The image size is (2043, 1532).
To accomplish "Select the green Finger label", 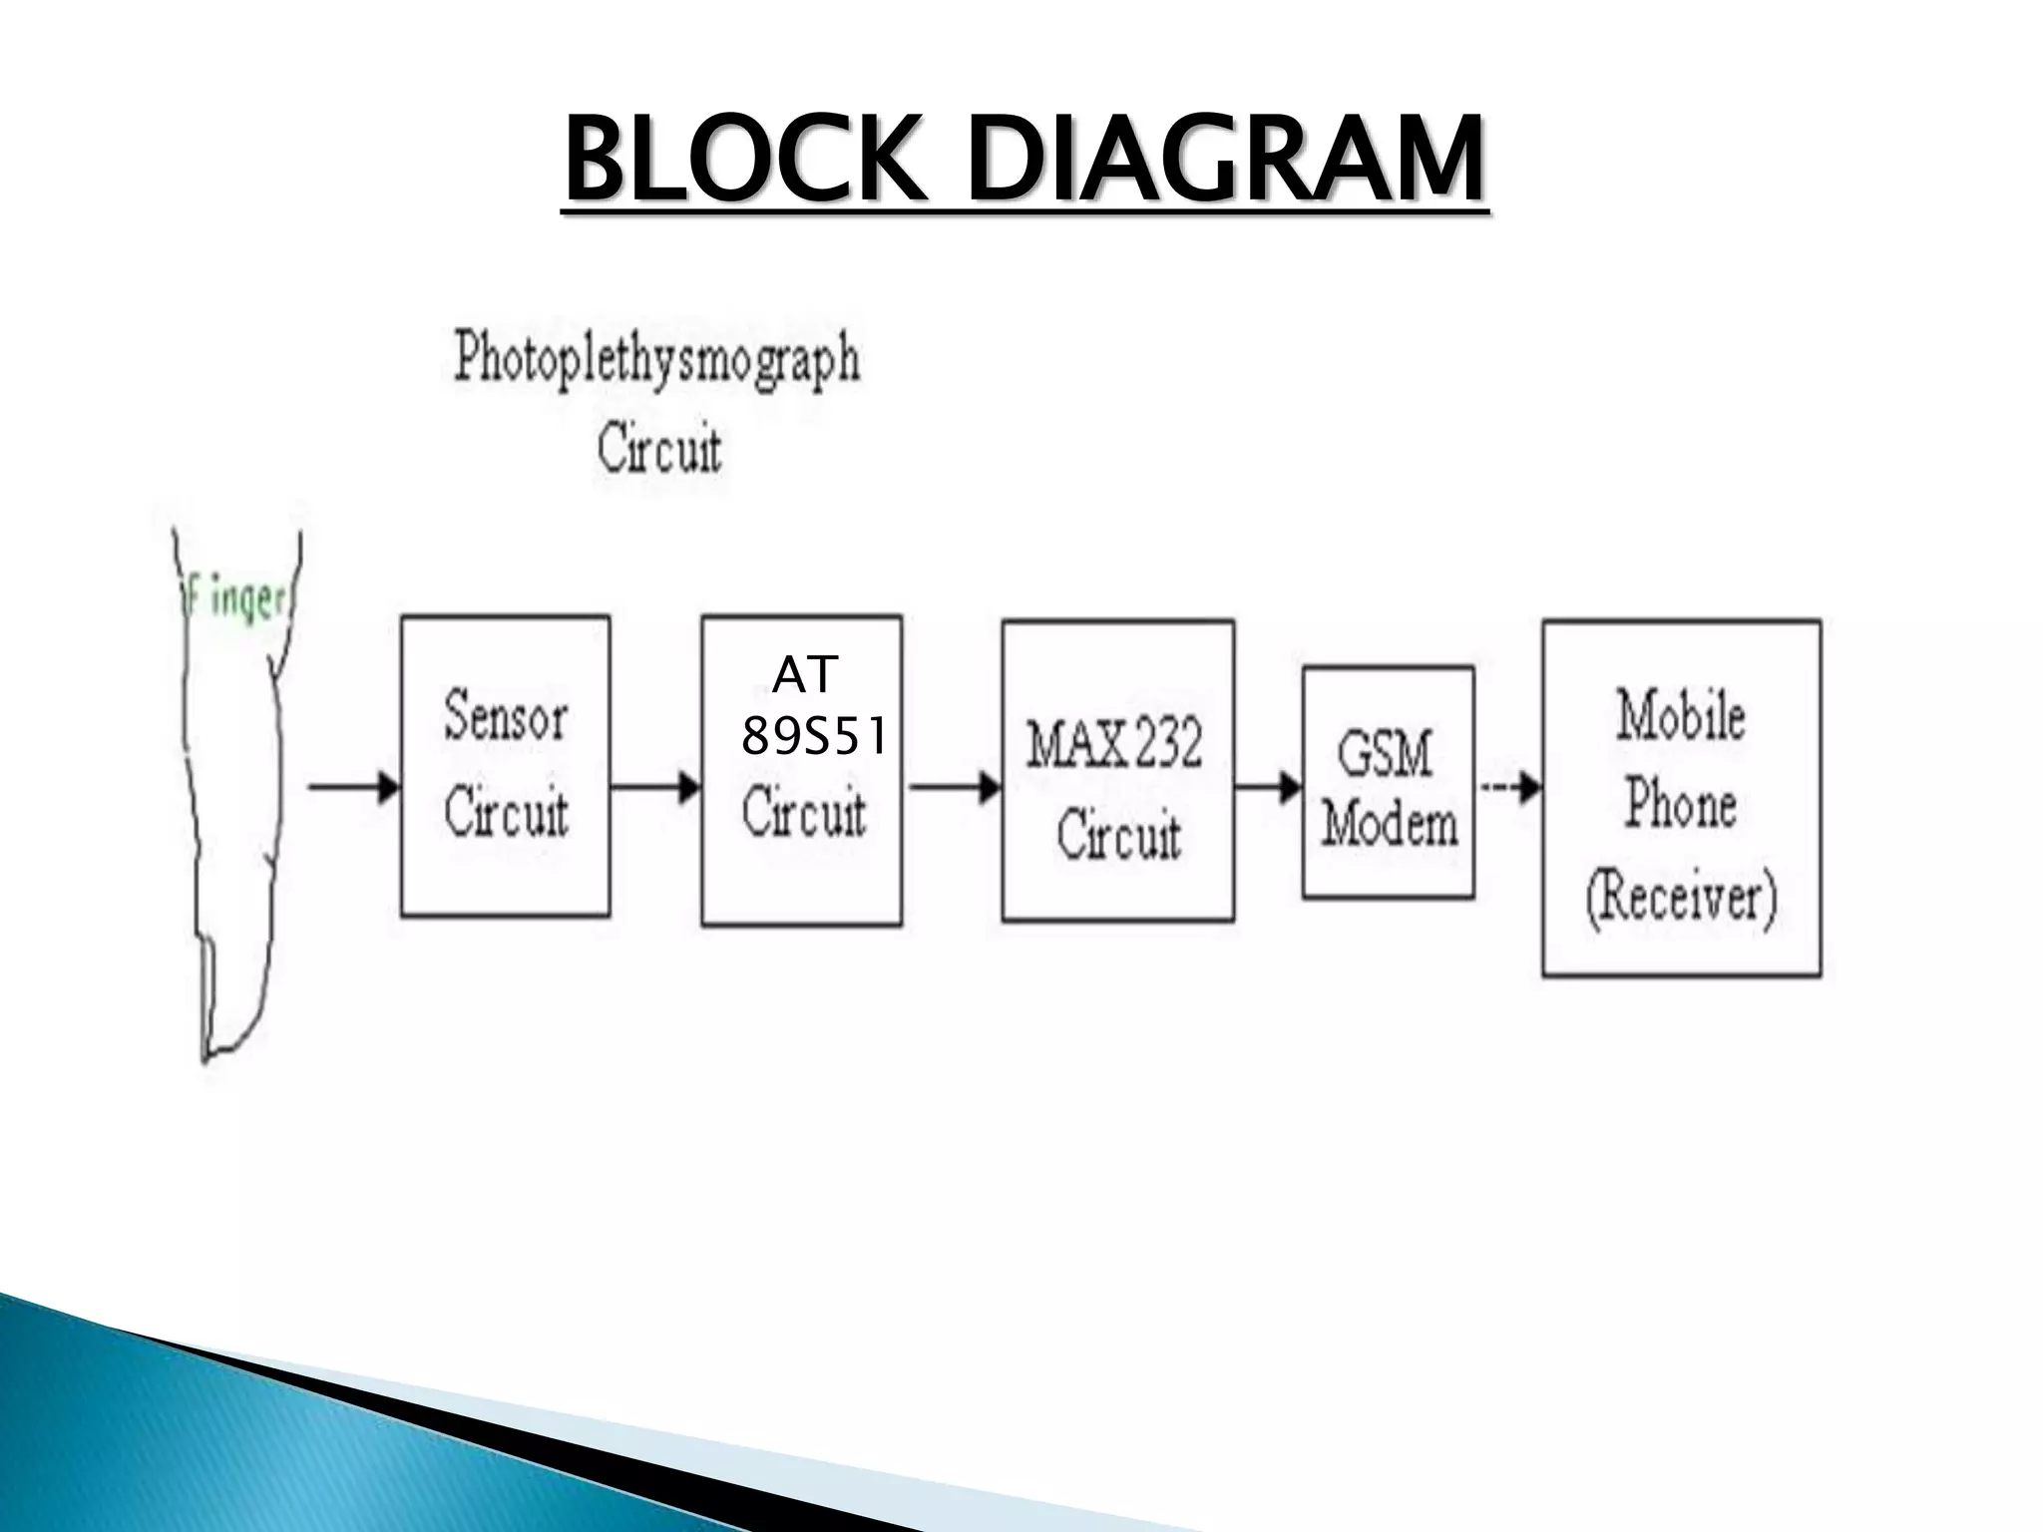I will (237, 602).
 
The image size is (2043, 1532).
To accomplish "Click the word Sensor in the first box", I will (505, 716).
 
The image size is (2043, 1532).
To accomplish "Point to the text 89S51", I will (813, 739).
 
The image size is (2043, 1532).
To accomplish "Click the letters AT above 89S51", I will (804, 676).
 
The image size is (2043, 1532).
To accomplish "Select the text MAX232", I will (1115, 744).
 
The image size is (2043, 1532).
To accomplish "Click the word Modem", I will (1389, 826).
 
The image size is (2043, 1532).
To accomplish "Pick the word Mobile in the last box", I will (1681, 716).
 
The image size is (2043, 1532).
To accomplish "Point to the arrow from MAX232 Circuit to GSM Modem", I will (1268, 788).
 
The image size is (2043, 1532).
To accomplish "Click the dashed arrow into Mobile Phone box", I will (1510, 788).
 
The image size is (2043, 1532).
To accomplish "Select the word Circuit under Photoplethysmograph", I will (658, 451).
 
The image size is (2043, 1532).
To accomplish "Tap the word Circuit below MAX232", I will (1117, 836).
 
